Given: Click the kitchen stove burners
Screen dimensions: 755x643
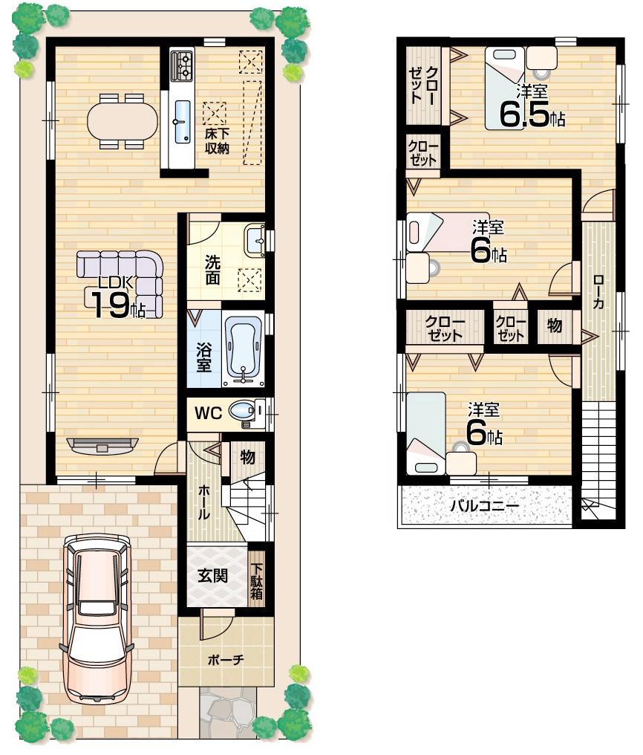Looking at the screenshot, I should (181, 65).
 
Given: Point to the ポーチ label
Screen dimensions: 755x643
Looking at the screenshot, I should (225, 659).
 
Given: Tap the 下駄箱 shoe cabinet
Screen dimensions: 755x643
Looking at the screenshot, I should (256, 575).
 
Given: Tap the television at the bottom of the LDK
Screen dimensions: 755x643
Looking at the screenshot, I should (102, 445).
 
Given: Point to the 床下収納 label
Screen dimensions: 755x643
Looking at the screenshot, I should (218, 141).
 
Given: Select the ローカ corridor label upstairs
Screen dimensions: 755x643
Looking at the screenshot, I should (598, 291).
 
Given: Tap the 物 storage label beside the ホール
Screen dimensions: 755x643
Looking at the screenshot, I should (247, 458).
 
